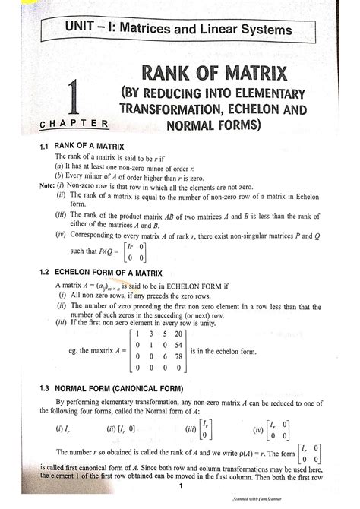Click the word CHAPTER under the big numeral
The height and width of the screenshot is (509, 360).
point(72,124)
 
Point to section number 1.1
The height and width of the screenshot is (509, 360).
point(47,144)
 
